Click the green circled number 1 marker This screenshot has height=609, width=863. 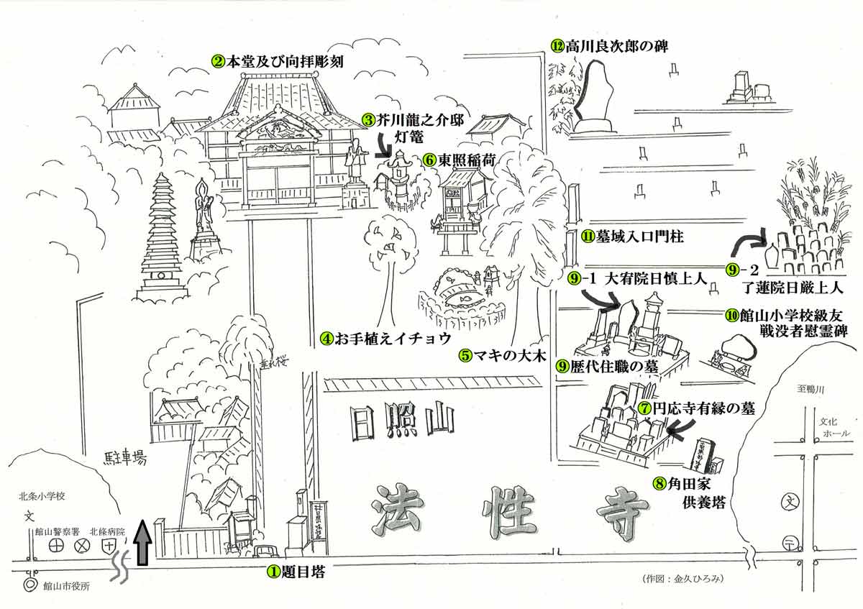tap(273, 572)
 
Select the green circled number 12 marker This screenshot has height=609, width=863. tap(557, 45)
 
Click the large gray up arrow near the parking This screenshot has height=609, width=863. tap(142, 543)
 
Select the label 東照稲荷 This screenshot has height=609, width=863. tap(466, 160)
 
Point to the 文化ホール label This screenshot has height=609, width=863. tap(835, 428)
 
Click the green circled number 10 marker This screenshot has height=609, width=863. tap(731, 314)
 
